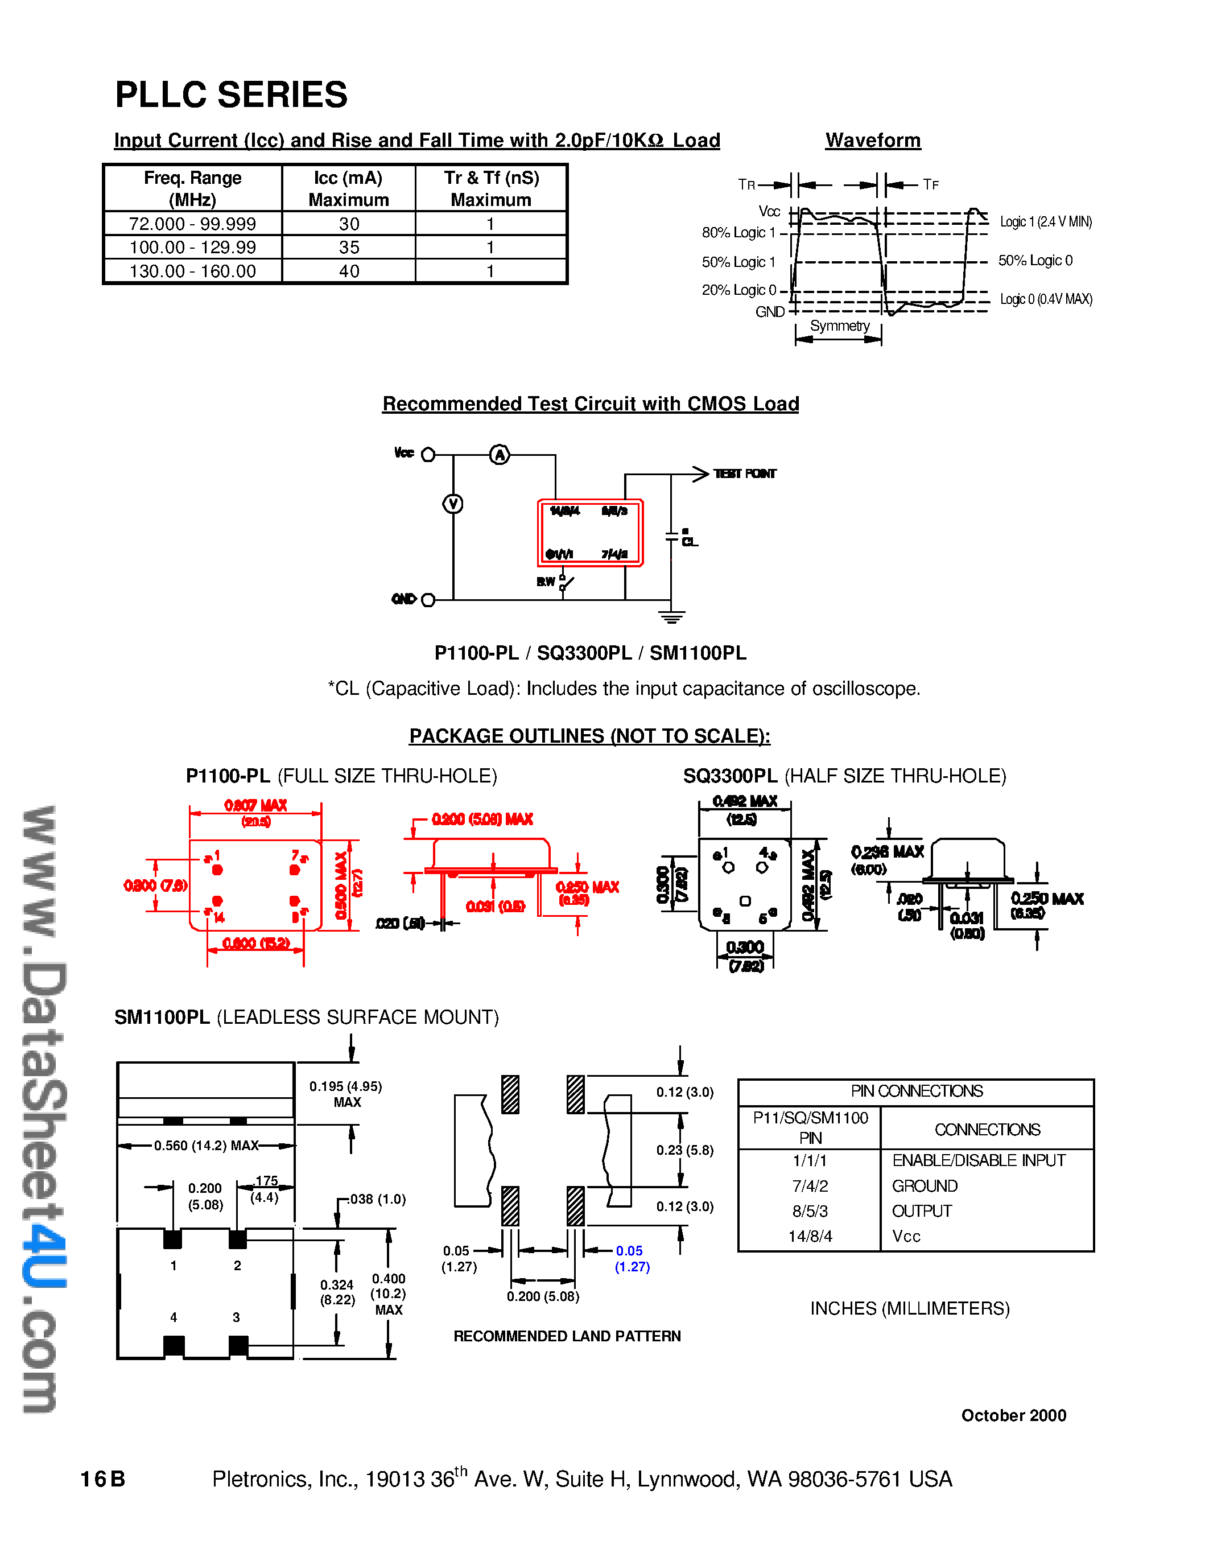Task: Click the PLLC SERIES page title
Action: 232,95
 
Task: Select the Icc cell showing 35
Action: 349,247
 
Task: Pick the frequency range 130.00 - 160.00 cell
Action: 193,271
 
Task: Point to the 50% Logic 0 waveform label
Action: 1035,261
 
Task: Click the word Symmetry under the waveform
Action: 839,326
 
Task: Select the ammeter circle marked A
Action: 499,454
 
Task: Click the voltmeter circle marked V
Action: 453,504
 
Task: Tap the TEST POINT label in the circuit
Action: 744,473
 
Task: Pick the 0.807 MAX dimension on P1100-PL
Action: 255,805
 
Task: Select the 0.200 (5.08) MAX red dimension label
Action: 482,819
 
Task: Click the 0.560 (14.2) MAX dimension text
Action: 207,1146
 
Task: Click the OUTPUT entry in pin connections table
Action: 921,1211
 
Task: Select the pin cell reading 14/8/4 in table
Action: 810,1236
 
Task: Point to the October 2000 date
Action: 1013,1415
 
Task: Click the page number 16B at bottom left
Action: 102,1479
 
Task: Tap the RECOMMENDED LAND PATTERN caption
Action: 567,1336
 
